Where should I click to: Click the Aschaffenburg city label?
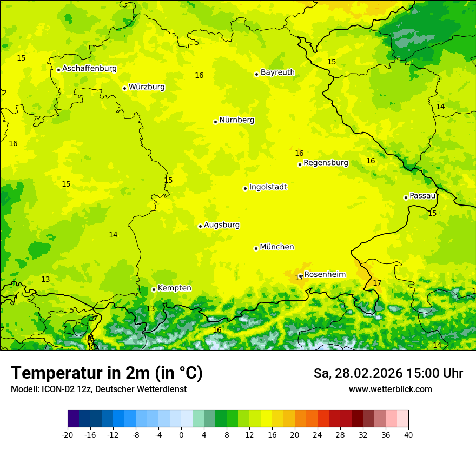tap(89, 69)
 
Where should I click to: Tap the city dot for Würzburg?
tap(124, 88)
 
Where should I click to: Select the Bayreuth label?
tap(277, 72)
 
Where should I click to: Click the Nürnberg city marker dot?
tap(215, 122)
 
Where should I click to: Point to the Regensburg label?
tap(326, 163)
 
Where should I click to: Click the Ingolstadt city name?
tap(268, 187)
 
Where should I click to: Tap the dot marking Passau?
tap(406, 197)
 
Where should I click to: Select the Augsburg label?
tap(222, 225)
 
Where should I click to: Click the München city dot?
tap(256, 248)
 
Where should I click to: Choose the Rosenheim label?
tap(325, 275)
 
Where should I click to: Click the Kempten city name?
tap(174, 288)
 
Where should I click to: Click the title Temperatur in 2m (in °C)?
tap(107, 373)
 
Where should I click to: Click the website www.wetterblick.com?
tap(390, 389)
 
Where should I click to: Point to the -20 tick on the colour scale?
tap(68, 434)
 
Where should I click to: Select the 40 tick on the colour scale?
tap(408, 434)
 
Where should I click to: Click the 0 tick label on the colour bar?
tap(181, 434)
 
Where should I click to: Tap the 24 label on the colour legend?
tap(318, 434)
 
